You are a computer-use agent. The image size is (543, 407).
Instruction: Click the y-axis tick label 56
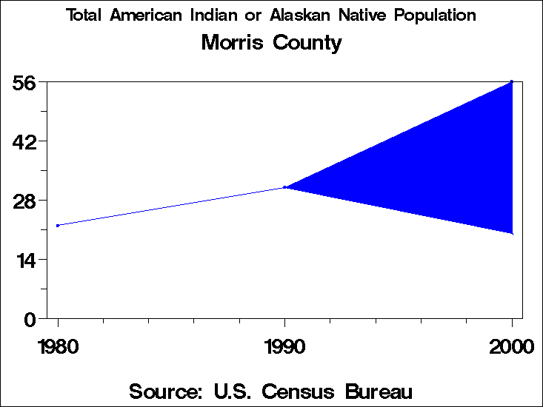[x=25, y=82]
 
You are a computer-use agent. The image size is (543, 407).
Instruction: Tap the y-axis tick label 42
[x=25, y=141]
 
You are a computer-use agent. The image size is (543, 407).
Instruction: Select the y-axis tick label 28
[x=25, y=201]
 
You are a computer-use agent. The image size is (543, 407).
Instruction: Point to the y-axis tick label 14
[x=25, y=260]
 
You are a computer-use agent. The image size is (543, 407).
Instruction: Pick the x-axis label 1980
[x=58, y=347]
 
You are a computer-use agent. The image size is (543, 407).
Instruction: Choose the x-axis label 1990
[x=284, y=347]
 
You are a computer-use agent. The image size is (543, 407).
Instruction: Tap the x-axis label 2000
[x=511, y=347]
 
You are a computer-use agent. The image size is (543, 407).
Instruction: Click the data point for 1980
[x=58, y=226]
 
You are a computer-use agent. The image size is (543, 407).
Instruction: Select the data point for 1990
[x=284, y=187]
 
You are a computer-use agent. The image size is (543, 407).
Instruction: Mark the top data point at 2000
[x=511, y=81]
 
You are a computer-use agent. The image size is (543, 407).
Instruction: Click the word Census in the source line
[x=289, y=391]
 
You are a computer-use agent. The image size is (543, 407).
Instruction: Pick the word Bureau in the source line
[x=376, y=391]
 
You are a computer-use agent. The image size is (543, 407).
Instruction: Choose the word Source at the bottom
[x=162, y=391]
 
